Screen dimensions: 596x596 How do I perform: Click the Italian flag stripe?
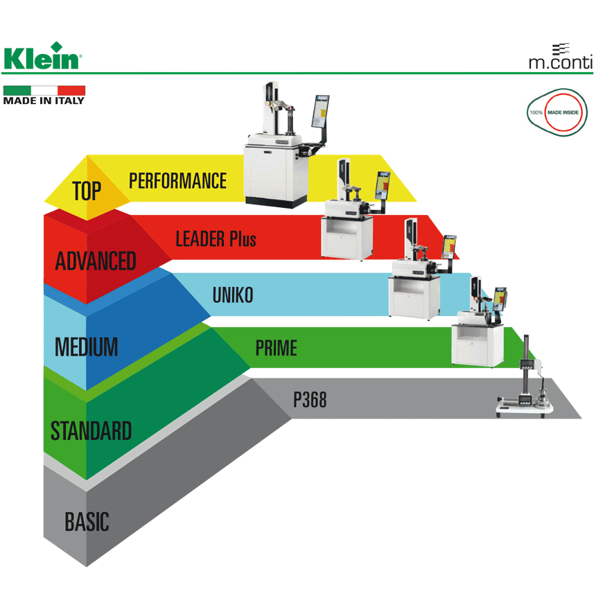(x=44, y=90)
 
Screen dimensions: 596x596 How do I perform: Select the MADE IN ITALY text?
(x=44, y=100)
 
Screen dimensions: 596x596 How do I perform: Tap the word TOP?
(x=87, y=190)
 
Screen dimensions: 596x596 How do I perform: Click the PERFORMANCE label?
(x=177, y=181)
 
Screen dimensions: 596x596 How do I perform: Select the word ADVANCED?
(x=96, y=261)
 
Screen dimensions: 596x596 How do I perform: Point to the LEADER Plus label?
(x=216, y=240)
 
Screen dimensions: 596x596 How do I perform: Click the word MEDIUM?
(x=86, y=346)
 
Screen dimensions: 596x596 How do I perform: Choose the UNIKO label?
(x=233, y=295)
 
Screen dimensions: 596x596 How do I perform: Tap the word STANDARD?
(x=91, y=431)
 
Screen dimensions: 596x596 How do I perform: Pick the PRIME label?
(x=276, y=347)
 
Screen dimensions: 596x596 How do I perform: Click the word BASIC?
(x=87, y=521)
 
